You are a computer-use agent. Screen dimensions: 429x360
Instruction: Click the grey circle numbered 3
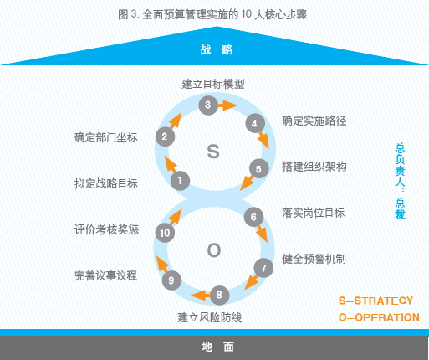(208, 105)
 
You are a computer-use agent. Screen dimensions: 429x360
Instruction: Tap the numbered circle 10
(165, 233)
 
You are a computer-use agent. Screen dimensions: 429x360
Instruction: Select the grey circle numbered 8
(219, 295)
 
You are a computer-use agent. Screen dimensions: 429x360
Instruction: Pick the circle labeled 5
(258, 168)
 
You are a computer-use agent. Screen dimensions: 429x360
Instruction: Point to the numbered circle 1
(180, 181)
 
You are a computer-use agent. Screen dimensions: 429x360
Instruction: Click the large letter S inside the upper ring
(213, 152)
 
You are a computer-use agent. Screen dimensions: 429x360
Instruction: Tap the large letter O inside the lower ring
(214, 250)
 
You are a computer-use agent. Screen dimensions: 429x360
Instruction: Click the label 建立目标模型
(213, 84)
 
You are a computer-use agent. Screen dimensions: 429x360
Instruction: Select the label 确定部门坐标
(106, 137)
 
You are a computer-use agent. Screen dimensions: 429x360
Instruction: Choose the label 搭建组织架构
(314, 167)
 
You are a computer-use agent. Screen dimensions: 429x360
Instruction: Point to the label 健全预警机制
(314, 259)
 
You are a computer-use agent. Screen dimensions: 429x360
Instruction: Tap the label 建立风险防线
(210, 317)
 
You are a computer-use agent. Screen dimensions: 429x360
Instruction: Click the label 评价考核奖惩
(106, 229)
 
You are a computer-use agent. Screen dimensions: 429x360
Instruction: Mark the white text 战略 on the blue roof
(217, 49)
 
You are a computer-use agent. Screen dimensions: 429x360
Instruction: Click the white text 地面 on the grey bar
(218, 347)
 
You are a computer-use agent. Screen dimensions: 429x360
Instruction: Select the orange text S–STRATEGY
(375, 301)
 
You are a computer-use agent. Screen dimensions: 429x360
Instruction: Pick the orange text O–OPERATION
(379, 317)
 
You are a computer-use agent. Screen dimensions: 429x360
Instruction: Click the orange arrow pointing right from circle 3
(227, 105)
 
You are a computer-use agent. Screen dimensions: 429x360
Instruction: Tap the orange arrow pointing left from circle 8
(201, 295)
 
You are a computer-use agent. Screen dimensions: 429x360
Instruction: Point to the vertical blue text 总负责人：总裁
(400, 182)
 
